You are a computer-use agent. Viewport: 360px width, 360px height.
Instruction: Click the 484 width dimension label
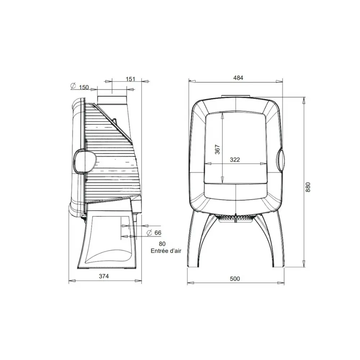[x=238, y=78]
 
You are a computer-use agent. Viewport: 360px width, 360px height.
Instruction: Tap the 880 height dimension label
[x=308, y=187]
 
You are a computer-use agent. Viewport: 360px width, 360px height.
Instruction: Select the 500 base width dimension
[x=235, y=279]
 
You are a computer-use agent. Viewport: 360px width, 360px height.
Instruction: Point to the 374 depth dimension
[x=104, y=276]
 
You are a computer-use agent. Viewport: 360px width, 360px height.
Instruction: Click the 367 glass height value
[x=217, y=149]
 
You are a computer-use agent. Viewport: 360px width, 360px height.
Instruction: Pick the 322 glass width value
[x=235, y=159]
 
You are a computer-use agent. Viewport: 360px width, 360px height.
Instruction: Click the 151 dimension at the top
[x=130, y=79]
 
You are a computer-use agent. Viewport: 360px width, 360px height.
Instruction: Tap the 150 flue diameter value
[x=84, y=87]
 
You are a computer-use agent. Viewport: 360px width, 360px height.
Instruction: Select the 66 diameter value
[x=158, y=233]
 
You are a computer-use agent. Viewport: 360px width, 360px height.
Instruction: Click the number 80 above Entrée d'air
[x=162, y=244]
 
